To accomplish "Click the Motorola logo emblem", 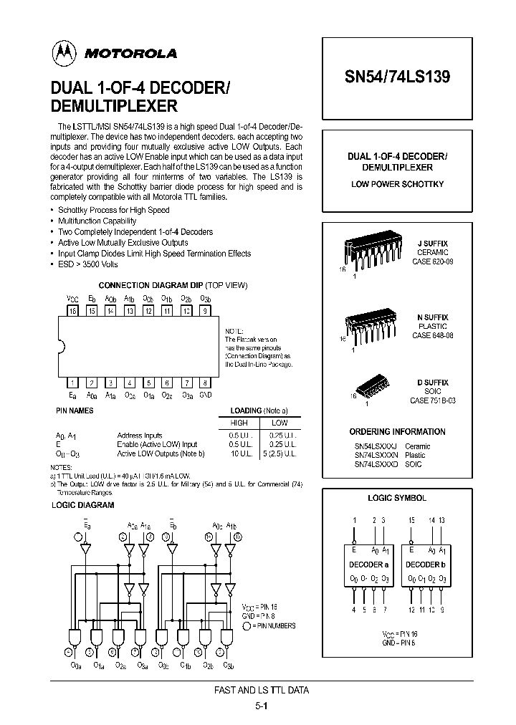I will pos(64,52).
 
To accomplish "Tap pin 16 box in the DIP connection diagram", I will pos(72,311).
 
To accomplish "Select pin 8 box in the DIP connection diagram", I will pos(205,383).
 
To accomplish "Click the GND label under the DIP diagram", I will pos(205,395).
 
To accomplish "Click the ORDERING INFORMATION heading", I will pos(397,432).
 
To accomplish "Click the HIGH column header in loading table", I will pos(238,423).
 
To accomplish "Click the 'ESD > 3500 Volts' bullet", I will pos(87,264).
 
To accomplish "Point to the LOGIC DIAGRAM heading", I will pos(82,505).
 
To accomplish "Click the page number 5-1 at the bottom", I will pos(261,705).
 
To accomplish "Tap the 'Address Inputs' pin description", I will pos(140,436).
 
